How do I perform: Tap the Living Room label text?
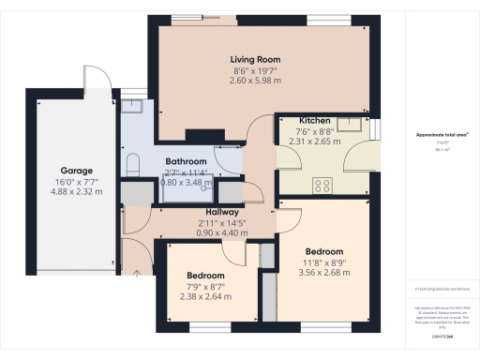click(x=256, y=59)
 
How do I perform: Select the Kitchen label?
click(x=314, y=121)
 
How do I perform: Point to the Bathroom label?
click(x=187, y=161)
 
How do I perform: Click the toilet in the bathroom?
click(x=133, y=167)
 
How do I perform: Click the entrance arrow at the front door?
click(x=139, y=274)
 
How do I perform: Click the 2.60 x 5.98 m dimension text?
click(x=256, y=80)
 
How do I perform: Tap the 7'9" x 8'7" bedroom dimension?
click(x=201, y=286)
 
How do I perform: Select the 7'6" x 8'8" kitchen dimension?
click(x=314, y=132)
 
